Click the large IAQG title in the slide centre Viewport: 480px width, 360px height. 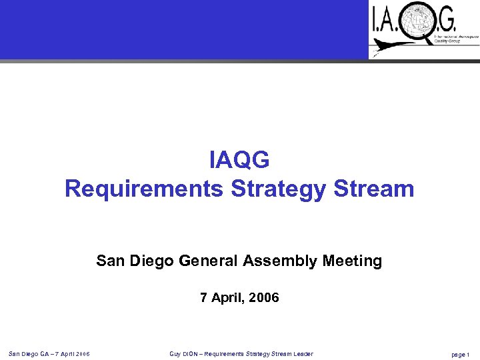(239, 160)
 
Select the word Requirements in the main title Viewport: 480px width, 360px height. (143, 189)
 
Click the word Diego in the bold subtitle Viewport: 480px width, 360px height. (152, 261)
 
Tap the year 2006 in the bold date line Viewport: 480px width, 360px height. (263, 298)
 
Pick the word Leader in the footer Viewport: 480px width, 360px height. (301, 353)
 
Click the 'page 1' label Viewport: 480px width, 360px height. (461, 354)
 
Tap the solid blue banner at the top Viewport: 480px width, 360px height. (183, 29)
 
